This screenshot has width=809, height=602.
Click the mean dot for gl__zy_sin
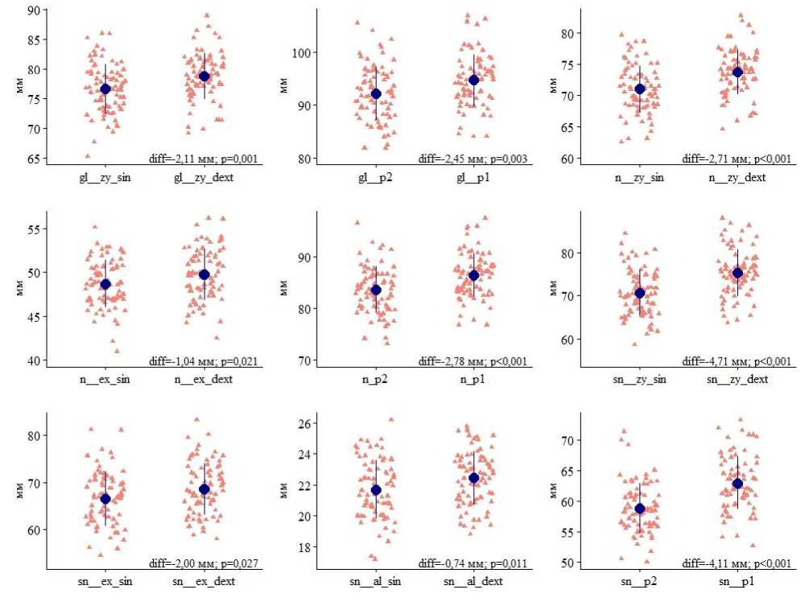tap(105, 89)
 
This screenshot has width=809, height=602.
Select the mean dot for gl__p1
tap(474, 80)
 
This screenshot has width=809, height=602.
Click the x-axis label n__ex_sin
tap(105, 379)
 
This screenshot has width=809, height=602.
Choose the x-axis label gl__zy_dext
tap(204, 177)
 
